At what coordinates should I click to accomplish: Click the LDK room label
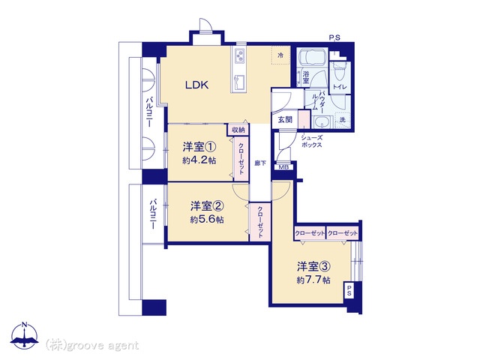[196, 85]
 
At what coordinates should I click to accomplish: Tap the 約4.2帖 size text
[199, 160]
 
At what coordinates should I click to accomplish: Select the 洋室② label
[207, 206]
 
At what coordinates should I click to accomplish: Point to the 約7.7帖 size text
[313, 280]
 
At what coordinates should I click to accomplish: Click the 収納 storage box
[238, 130]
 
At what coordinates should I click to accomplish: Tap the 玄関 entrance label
[285, 120]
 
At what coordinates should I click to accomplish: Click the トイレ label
[340, 87]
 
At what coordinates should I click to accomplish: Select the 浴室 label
[305, 77]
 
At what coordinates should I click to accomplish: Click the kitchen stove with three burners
[239, 56]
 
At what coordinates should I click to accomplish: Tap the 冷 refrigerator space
[280, 55]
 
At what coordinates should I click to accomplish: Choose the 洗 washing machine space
[343, 120]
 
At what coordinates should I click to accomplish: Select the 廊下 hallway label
[260, 163]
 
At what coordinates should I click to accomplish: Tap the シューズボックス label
[312, 141]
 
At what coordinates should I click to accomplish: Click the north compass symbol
[25, 335]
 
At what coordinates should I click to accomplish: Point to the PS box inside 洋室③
[349, 289]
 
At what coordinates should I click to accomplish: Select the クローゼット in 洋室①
[241, 159]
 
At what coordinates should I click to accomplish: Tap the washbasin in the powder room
[322, 122]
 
